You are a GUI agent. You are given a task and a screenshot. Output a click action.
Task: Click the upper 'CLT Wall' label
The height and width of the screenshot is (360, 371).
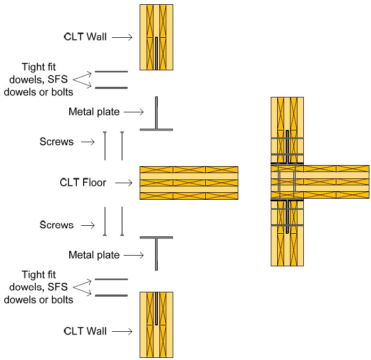[x=85, y=37]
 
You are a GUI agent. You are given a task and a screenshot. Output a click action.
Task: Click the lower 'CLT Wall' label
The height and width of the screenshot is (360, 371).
[x=85, y=331]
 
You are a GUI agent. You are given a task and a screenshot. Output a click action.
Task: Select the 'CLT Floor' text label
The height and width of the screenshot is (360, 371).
[x=83, y=183]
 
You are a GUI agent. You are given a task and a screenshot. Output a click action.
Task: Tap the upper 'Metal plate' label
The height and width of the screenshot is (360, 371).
[x=94, y=112]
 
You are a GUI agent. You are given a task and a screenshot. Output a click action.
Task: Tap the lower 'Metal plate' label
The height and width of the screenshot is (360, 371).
[x=94, y=255]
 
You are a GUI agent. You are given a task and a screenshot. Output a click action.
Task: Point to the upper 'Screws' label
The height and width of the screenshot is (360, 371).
[x=57, y=142]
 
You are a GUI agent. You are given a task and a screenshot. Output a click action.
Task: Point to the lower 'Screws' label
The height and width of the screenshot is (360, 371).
[x=57, y=225]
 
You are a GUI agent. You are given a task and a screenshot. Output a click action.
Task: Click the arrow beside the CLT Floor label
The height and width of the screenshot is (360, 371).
[x=124, y=183]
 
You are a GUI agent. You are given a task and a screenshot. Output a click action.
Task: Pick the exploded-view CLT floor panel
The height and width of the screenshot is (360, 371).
[x=189, y=183]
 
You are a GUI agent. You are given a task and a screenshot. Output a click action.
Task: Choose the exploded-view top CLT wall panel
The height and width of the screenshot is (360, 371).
[x=156, y=37]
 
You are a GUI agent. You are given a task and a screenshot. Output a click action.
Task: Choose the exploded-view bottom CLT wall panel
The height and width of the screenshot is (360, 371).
[x=156, y=325]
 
